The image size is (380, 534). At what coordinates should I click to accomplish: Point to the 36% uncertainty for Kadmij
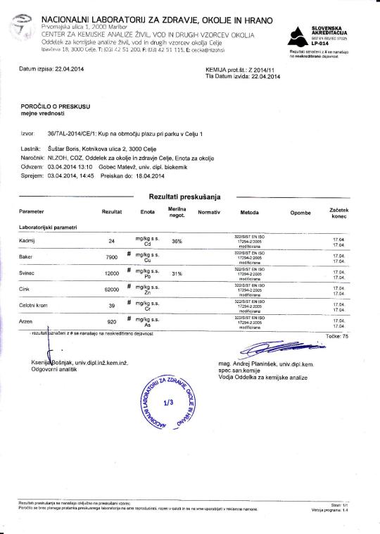(177, 241)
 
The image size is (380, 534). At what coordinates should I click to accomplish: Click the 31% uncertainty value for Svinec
(177, 273)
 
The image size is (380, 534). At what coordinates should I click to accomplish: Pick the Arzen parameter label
(27, 321)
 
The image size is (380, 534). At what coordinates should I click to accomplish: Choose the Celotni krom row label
(34, 306)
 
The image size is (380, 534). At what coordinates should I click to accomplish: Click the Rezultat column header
(112, 211)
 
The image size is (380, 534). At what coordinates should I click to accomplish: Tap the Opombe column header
(300, 211)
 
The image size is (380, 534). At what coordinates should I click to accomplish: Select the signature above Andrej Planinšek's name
(271, 349)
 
